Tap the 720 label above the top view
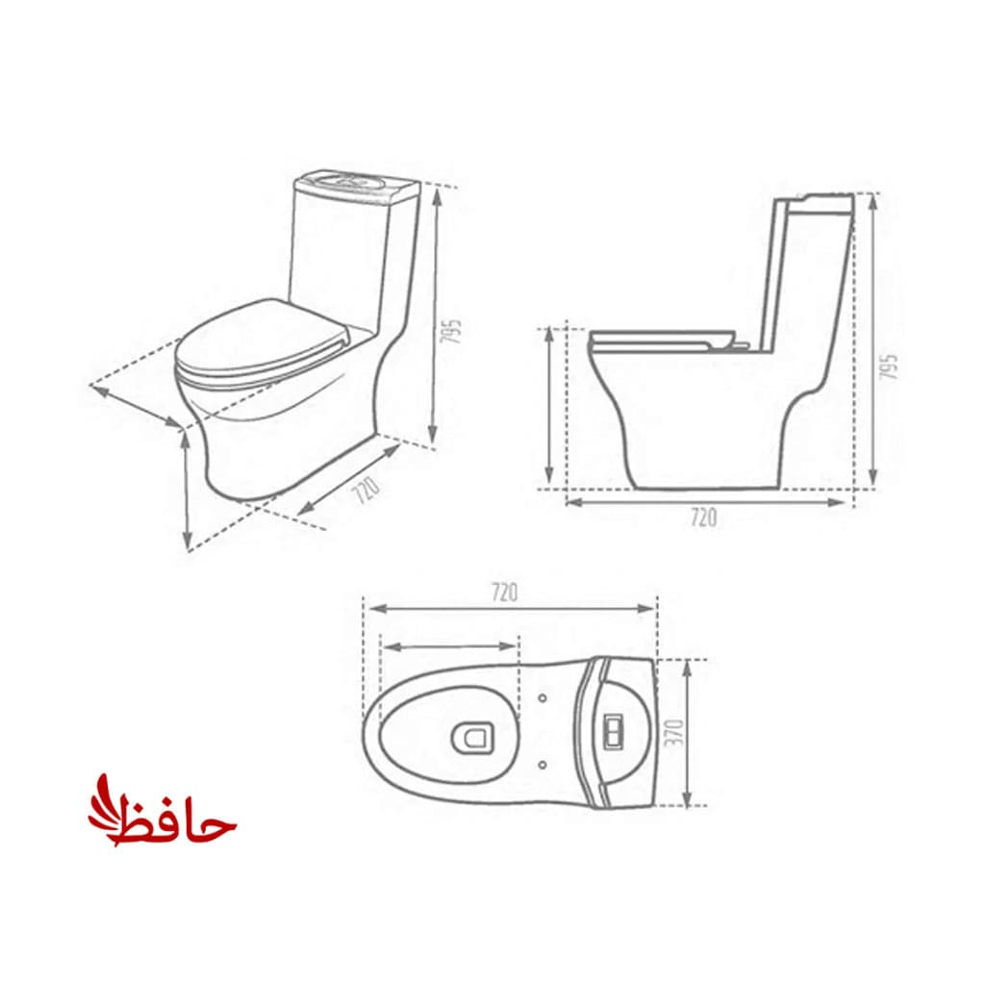pyautogui.click(x=504, y=593)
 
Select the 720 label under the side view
pyautogui.click(x=703, y=518)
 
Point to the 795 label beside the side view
pyautogui.click(x=888, y=366)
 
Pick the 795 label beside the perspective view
pyautogui.click(x=451, y=331)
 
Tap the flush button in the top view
pyautogui.click(x=613, y=731)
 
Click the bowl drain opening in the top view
pyautogui.click(x=473, y=737)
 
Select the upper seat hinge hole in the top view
pyautogui.click(x=543, y=698)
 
